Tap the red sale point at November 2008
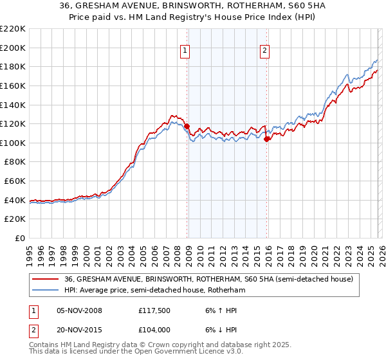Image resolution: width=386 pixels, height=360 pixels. (x=187, y=127)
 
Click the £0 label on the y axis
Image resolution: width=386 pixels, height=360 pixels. (x=20, y=238)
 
